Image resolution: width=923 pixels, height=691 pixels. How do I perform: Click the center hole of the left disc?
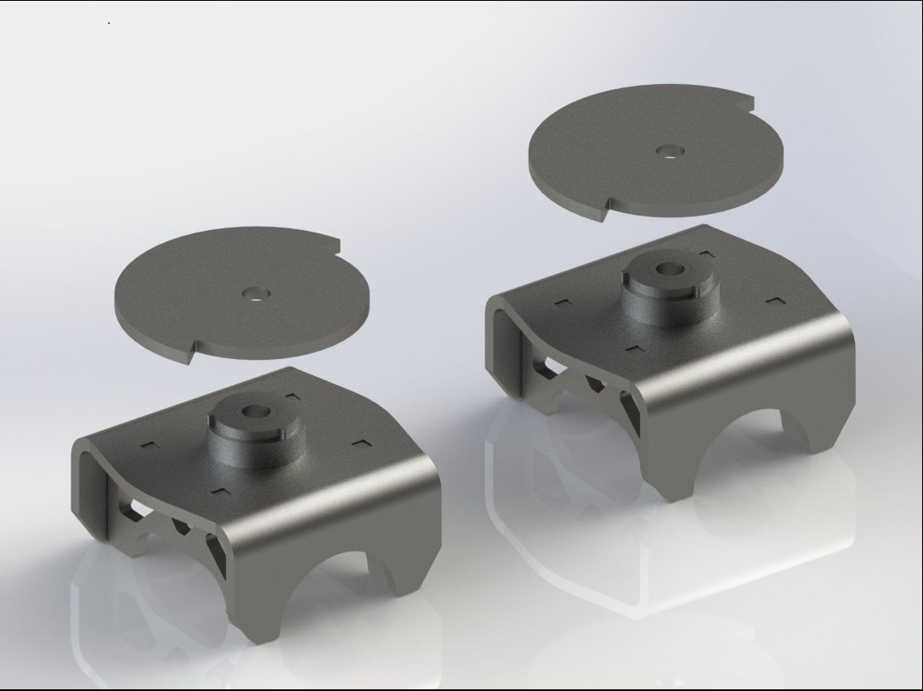click(x=252, y=294)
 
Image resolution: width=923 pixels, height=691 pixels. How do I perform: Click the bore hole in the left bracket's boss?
click(x=253, y=411)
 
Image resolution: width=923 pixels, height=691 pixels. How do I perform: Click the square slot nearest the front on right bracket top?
click(x=633, y=349)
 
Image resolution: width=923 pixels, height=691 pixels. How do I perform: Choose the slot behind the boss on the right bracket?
click(x=706, y=253)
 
